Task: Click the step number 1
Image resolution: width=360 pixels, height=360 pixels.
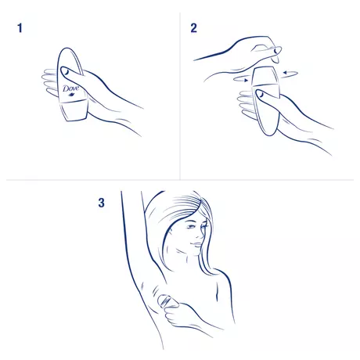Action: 20,28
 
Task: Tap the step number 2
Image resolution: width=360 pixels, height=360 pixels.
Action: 193,28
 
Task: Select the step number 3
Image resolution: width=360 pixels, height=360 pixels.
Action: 102,203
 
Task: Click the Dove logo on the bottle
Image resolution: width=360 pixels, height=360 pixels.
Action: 70,89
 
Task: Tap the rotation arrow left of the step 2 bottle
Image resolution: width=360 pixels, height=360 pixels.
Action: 241,79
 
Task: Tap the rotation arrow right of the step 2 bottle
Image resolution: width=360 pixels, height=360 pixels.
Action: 290,74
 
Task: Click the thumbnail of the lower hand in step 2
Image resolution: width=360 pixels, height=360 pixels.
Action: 260,94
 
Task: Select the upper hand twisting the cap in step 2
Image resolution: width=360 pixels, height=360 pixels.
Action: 243,55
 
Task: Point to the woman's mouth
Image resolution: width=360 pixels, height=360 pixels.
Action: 196,244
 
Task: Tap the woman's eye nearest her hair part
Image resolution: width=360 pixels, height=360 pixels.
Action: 192,226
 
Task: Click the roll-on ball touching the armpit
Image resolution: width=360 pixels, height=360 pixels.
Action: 164,301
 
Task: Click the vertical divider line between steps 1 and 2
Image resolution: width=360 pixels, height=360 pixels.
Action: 180,96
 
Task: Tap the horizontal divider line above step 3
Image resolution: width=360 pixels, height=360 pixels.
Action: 180,180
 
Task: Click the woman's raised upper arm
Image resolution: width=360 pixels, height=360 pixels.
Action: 132,235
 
